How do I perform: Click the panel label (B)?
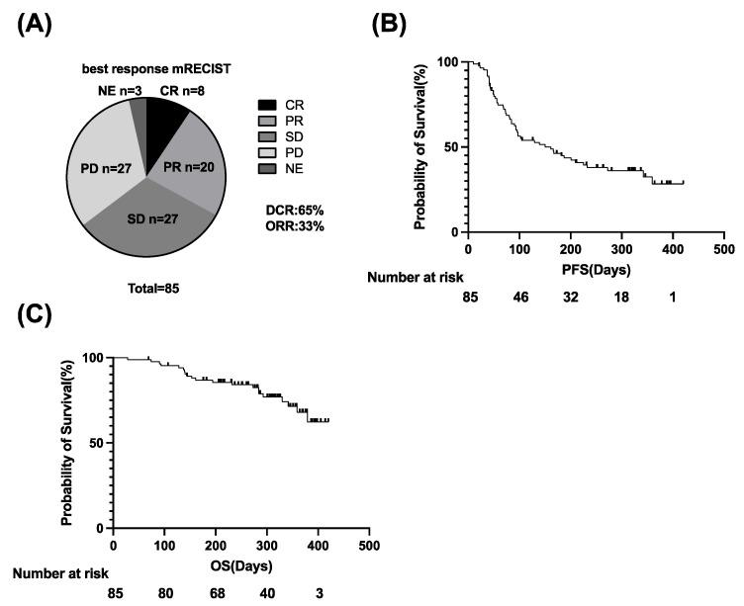click(x=388, y=23)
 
